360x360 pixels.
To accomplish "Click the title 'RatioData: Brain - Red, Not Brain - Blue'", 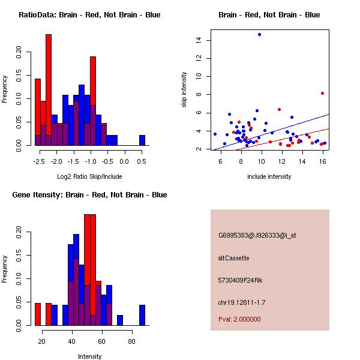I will click(89, 15).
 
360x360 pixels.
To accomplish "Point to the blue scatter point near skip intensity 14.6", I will click(259, 34).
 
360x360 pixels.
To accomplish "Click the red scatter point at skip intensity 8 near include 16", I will click(322, 93).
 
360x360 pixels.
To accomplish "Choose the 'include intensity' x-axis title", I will click(269, 176).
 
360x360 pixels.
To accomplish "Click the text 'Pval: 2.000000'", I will click(239, 319).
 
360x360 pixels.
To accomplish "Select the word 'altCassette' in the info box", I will click(233, 258).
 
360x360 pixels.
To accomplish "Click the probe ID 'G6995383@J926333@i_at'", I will click(257, 235).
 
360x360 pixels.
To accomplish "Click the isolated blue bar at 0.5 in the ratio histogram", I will click(142, 140).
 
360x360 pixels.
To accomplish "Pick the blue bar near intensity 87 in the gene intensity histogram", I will click(142, 315).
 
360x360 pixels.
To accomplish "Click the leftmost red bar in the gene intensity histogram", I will click(37, 314).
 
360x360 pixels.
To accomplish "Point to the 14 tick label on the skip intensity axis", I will click(197, 40).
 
